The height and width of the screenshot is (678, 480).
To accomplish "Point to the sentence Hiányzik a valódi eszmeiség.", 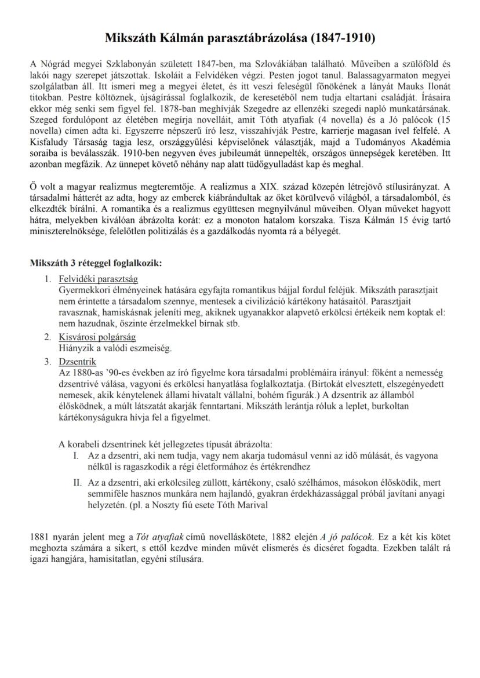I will click(115, 348).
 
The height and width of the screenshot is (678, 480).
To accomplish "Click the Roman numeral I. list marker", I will click(76, 457).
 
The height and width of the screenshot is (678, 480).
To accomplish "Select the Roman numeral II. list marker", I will click(77, 482).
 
